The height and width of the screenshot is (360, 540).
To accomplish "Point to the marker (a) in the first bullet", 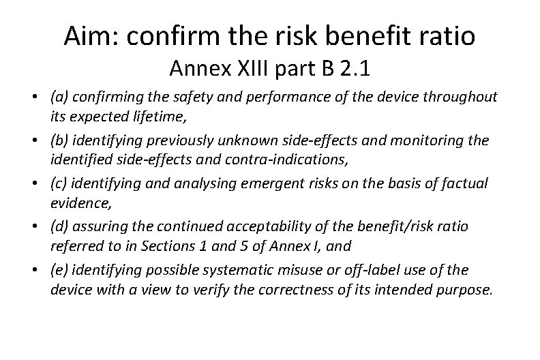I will click(x=60, y=97).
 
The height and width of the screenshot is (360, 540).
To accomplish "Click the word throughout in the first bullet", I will click(x=459, y=97).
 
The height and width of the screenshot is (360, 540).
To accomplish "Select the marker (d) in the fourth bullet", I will click(x=60, y=226).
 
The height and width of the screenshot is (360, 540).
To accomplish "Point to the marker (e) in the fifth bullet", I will click(x=60, y=270).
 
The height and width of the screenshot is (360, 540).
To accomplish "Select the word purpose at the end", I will click(x=464, y=289).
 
